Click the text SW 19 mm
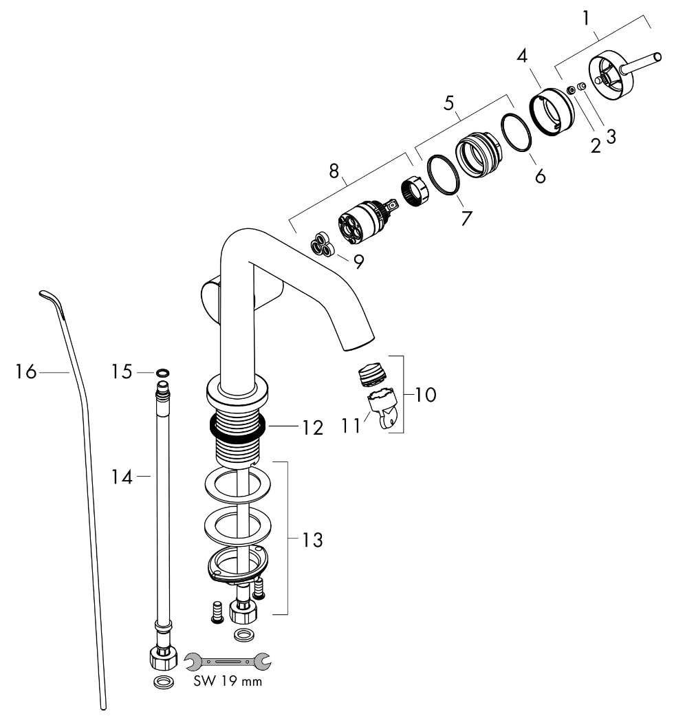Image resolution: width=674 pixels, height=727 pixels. tap(227, 683)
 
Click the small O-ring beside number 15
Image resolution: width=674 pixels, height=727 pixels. tap(162, 373)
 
